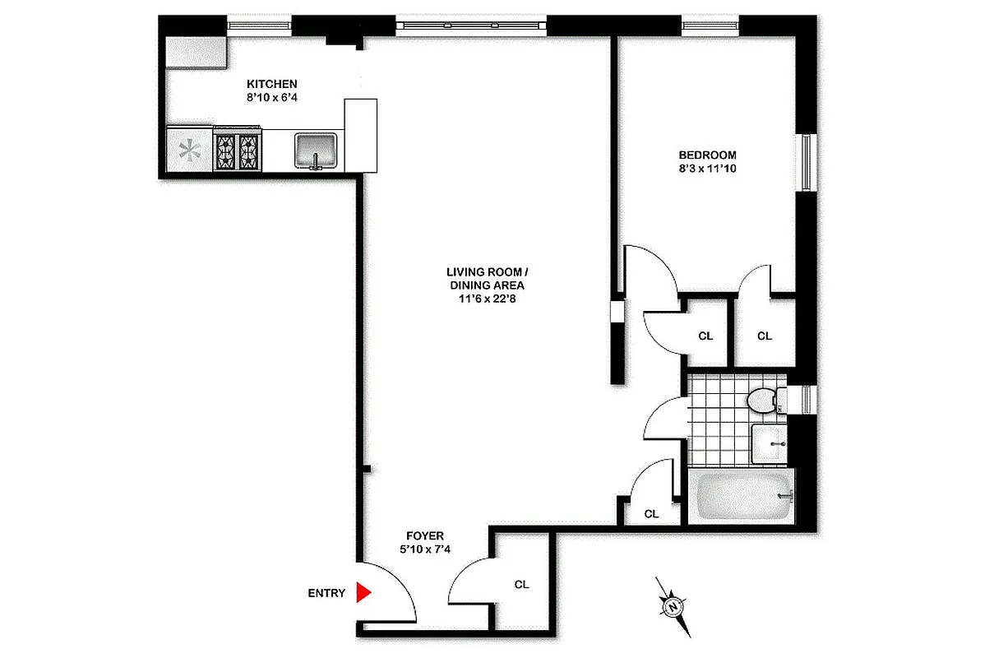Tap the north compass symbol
(673, 607)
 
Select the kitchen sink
(316, 151)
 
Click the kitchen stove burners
(238, 151)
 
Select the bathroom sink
(770, 443)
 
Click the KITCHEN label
(272, 84)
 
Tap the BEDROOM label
(707, 155)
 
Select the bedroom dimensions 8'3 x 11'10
(707, 169)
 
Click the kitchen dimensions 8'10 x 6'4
(272, 98)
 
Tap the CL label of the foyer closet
(521, 585)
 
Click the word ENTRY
(326, 593)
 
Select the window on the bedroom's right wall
(807, 162)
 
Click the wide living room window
(471, 25)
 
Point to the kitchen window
(260, 25)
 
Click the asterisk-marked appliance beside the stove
(190, 151)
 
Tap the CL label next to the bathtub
(651, 514)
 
